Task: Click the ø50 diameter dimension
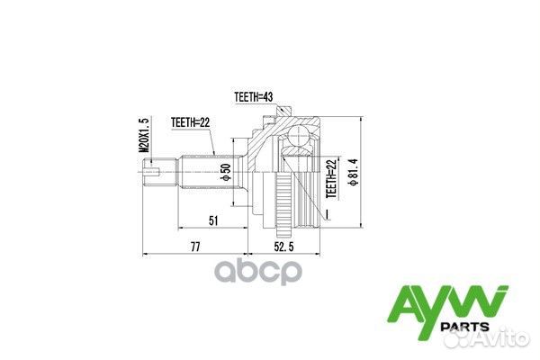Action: click(228, 169)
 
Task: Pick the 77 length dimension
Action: click(194, 245)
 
